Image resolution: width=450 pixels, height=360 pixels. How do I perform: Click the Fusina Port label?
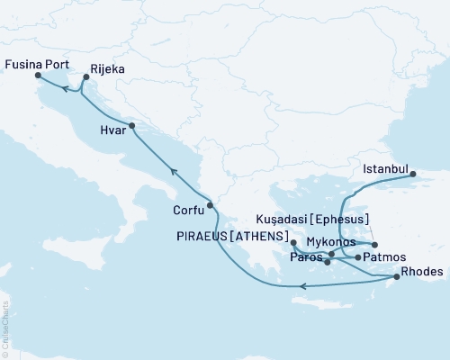coord(37,64)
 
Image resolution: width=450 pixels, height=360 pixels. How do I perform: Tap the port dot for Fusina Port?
coord(38,76)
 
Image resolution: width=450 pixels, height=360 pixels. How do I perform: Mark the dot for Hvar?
coord(131,126)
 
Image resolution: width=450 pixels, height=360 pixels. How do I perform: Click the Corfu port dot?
coord(210,206)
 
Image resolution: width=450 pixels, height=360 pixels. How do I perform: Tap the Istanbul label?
coord(386,168)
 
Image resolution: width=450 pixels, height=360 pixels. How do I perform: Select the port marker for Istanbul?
coord(415,177)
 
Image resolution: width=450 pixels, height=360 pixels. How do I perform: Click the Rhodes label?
coord(421,269)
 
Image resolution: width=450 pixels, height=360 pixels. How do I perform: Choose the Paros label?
coord(306,258)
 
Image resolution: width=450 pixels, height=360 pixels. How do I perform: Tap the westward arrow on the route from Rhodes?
coord(304,286)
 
